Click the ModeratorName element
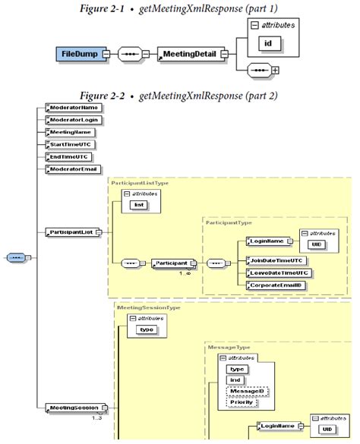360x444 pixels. pos(73,108)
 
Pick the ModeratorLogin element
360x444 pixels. pos(73,120)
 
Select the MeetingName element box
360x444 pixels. pos(71,132)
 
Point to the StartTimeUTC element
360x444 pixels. pos(71,144)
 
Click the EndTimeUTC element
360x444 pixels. pos(69,156)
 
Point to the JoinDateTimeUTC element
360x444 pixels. pos(278,260)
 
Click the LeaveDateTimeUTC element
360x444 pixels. pos(279,272)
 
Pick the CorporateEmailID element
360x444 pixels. pos(279,284)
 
